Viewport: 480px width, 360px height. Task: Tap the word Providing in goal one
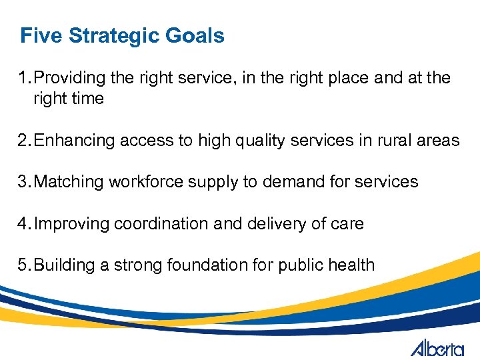click(x=70, y=78)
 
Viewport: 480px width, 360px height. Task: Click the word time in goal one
click(x=89, y=99)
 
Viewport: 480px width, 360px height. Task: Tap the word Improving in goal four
click(x=71, y=223)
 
